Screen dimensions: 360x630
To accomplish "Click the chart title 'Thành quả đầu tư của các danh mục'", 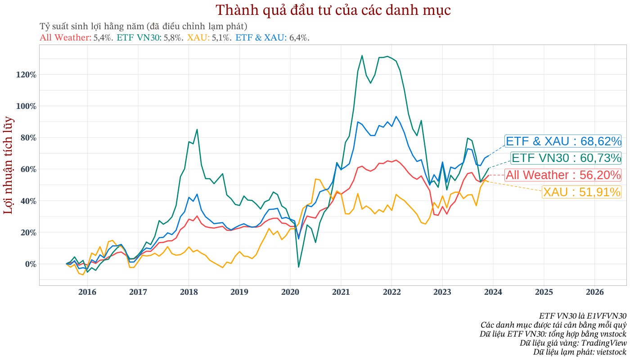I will point(333,10).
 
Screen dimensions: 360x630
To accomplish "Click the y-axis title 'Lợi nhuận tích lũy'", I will point(9,165).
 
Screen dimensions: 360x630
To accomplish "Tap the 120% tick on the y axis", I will point(26,75).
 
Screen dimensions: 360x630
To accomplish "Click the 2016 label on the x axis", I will point(87,292).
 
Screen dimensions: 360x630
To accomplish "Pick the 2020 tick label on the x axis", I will point(290,292).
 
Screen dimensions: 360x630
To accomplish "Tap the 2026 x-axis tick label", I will point(594,292).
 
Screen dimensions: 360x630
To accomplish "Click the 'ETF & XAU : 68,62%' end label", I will point(563,141).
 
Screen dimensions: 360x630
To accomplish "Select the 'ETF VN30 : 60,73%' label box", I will point(566,158).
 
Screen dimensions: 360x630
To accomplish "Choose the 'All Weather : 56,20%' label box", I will point(563,175).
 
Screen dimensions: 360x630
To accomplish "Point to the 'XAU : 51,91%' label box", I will point(581,192).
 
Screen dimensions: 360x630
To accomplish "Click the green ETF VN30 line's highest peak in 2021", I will point(362,55).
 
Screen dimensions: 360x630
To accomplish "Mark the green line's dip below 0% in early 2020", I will point(298,267).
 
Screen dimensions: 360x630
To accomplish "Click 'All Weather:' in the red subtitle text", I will point(65,38).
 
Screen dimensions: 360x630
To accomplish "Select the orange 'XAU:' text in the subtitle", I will point(198,38).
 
